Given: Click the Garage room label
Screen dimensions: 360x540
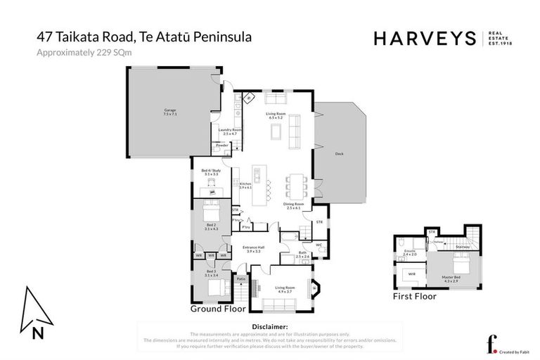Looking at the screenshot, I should click(x=169, y=110).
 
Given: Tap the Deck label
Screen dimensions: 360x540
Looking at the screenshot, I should click(x=339, y=153).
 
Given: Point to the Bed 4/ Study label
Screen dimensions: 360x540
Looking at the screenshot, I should click(x=210, y=171).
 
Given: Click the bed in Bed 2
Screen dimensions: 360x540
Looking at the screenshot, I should click(x=212, y=210).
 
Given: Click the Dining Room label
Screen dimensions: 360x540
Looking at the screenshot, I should click(x=293, y=205).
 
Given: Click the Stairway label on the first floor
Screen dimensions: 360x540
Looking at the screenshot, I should click(x=463, y=247).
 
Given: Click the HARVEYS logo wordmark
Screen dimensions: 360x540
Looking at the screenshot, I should click(x=424, y=39).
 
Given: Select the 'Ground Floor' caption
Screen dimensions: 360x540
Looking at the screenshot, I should click(x=218, y=309).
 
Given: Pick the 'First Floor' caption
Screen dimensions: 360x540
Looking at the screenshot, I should click(x=415, y=297).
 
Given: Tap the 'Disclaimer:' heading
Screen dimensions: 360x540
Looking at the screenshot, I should click(x=269, y=327).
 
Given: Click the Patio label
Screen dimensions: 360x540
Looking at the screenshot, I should click(x=240, y=279).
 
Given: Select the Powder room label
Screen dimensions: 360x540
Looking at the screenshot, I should click(x=221, y=146).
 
